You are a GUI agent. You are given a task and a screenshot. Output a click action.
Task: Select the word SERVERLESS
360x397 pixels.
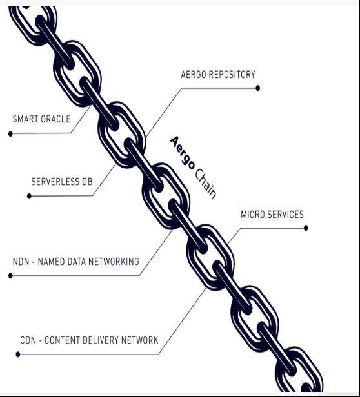[x=55, y=182]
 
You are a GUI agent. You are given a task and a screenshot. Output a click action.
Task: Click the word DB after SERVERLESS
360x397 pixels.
[x=87, y=182]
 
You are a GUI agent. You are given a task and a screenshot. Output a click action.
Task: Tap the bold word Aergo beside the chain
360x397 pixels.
[x=183, y=153]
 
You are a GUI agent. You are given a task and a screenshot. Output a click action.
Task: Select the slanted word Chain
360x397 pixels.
[x=206, y=184]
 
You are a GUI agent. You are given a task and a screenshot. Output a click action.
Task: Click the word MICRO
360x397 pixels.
[x=252, y=215]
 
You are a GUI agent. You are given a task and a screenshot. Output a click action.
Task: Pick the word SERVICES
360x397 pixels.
[x=285, y=215]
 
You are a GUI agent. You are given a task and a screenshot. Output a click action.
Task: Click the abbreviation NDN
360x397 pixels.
[x=21, y=262]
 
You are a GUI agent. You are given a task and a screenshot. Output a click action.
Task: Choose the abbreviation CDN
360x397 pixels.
[x=28, y=340]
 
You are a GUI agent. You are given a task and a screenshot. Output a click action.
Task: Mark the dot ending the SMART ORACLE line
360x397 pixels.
[x=10, y=133]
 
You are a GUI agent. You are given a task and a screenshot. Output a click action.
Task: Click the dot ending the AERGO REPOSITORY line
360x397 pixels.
[x=258, y=88]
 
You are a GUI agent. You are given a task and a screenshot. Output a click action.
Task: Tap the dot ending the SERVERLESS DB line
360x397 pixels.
[x=29, y=196]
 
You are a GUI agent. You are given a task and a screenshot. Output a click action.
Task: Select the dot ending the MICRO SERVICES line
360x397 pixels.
[x=306, y=228]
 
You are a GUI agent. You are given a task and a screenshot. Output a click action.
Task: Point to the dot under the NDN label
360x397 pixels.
[x=10, y=275]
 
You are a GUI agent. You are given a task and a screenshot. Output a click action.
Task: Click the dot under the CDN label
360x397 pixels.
[x=18, y=354]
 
